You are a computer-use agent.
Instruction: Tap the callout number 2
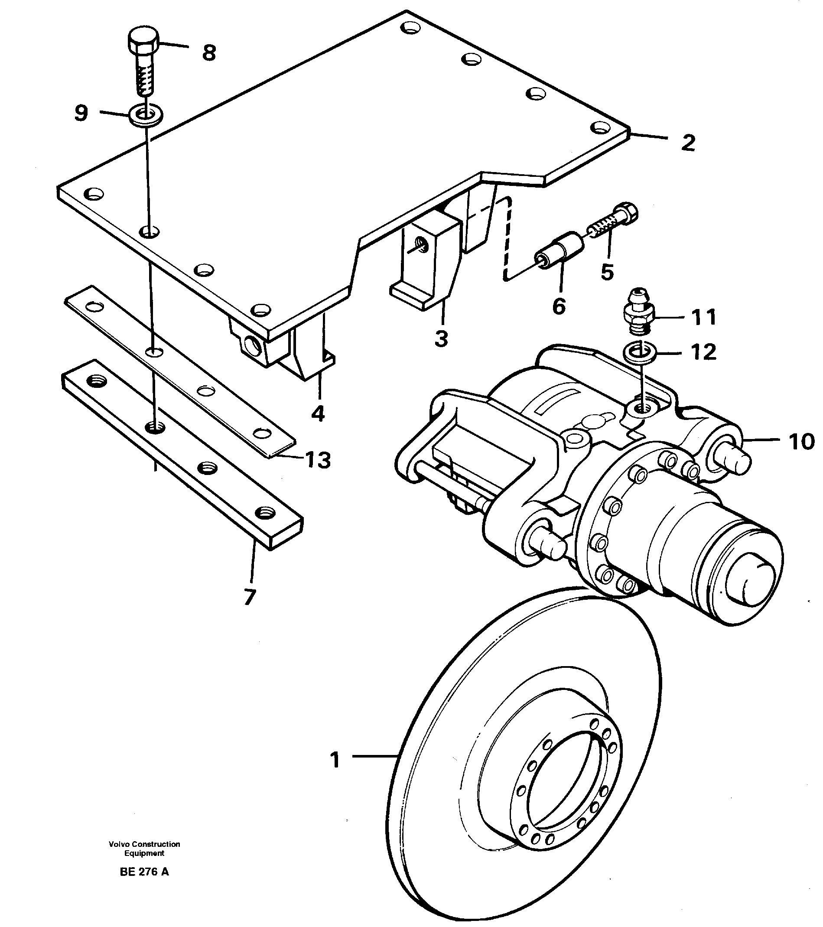(688, 143)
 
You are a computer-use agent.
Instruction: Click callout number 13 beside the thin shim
(318, 461)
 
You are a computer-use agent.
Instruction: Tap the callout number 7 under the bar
(249, 597)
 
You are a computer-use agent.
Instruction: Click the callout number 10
(801, 442)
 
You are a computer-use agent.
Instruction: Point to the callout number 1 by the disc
(335, 760)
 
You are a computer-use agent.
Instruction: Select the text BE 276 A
(144, 872)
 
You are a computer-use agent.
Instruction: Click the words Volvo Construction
(144, 844)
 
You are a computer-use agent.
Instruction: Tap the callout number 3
(441, 339)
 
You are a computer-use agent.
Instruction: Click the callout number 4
(318, 413)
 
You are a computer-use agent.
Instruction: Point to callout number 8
(208, 53)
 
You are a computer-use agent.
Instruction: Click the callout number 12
(703, 352)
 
